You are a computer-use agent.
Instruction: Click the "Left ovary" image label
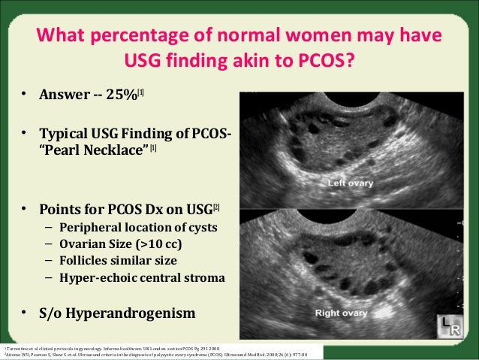(354, 183)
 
